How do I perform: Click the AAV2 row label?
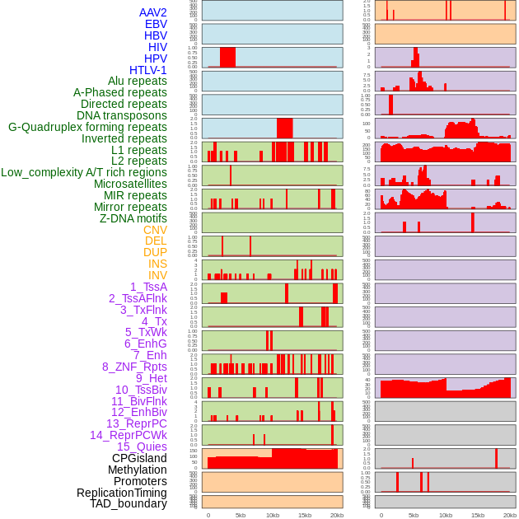coord(152,12)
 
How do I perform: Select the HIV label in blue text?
coord(157,47)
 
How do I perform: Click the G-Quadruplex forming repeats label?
coord(87,127)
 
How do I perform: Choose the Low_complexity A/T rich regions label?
coord(84,172)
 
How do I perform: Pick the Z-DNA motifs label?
coord(133,218)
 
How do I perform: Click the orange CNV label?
coord(155,230)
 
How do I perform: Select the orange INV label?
coord(157,275)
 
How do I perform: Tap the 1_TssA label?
coord(148,287)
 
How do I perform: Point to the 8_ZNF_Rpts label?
coord(134,367)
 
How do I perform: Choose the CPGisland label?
coord(139,458)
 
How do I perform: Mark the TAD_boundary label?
coord(129,503)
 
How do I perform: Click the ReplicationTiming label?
coord(122,493)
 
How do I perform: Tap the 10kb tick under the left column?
coord(273,515)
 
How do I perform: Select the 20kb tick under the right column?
coord(510,515)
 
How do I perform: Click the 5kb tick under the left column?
coord(241,515)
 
